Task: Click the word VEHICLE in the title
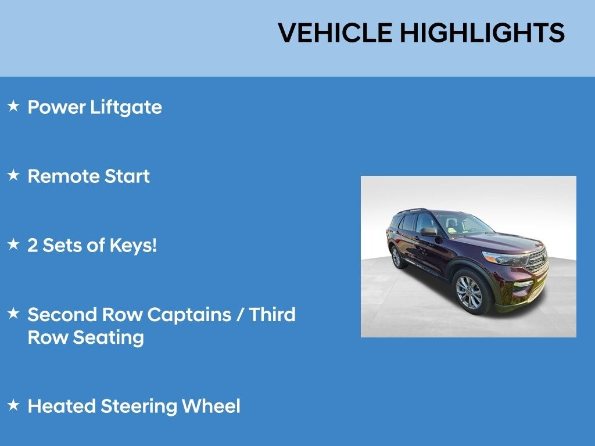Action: click(x=335, y=33)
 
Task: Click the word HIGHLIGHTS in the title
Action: click(x=482, y=33)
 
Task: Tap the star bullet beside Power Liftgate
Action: click(x=13, y=106)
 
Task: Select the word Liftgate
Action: click(x=126, y=107)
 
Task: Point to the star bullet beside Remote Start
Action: click(x=13, y=175)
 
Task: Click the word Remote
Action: click(x=63, y=177)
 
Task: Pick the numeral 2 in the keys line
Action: click(x=33, y=246)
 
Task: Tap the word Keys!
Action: click(x=133, y=246)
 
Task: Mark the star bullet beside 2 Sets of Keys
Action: click(x=13, y=244)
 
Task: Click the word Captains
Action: click(x=189, y=315)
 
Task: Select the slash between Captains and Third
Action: click(x=240, y=315)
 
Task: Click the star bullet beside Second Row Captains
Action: click(x=13, y=313)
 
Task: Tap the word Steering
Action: click(x=138, y=407)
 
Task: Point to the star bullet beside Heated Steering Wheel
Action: click(x=13, y=405)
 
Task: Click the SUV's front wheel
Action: click(x=469, y=292)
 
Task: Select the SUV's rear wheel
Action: click(x=396, y=257)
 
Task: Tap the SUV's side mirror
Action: click(x=428, y=232)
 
